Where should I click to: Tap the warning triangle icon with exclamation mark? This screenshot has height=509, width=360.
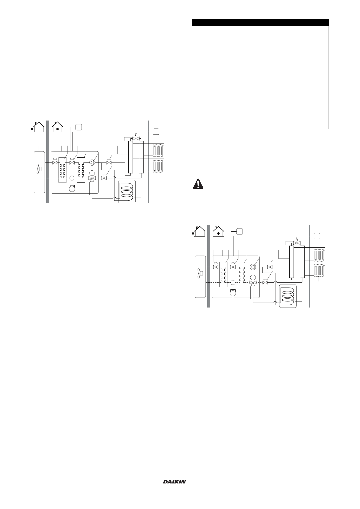click(x=198, y=184)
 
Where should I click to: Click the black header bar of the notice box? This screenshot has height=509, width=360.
click(x=260, y=22)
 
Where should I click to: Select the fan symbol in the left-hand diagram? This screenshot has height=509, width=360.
click(x=39, y=169)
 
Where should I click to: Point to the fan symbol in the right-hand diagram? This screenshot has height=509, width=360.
click(x=200, y=273)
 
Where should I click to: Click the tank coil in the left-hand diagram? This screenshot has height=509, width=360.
click(x=127, y=191)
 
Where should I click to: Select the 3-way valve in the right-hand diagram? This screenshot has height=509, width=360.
click(x=252, y=283)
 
